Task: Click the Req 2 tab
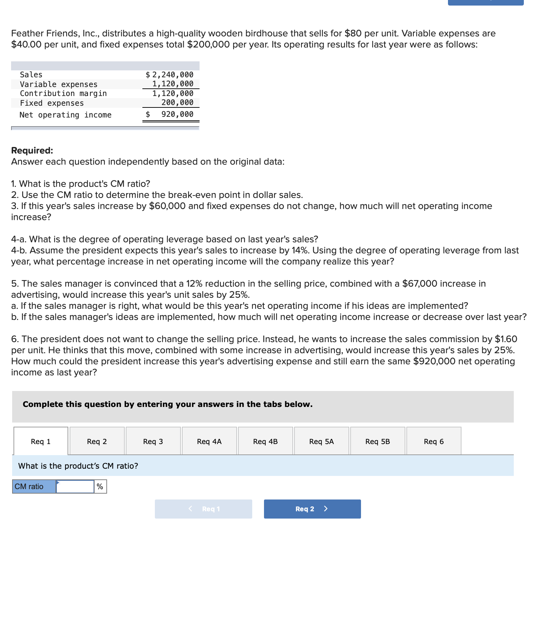(x=97, y=441)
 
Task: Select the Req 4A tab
(x=209, y=441)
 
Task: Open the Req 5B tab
(x=378, y=441)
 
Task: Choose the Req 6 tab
(x=434, y=441)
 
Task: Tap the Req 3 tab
(x=153, y=441)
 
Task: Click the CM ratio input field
(x=75, y=486)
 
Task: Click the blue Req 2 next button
(x=312, y=509)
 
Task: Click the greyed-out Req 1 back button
(x=203, y=509)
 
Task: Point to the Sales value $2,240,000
(x=170, y=75)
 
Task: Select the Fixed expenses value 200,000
(x=177, y=102)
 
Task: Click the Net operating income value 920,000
(x=177, y=114)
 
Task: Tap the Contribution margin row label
(x=63, y=93)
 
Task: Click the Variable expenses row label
(x=59, y=84)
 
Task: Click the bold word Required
(x=32, y=150)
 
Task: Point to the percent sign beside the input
(x=100, y=486)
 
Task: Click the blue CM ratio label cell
(x=34, y=486)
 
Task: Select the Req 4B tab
(x=265, y=441)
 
